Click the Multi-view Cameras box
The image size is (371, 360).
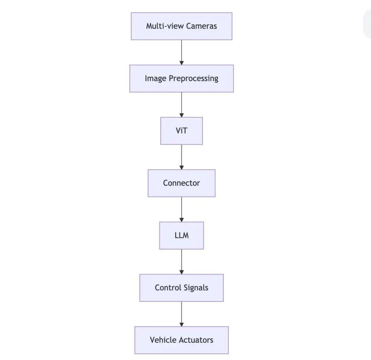click(x=181, y=26)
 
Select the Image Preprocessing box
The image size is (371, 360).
click(x=181, y=79)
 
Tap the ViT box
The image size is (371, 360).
click(x=181, y=131)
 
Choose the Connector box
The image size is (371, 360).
click(x=181, y=183)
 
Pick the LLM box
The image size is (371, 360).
click(x=181, y=236)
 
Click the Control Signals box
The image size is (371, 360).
click(x=181, y=288)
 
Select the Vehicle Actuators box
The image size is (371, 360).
click(x=181, y=340)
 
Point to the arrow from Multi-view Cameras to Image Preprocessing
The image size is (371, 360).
click(x=181, y=52)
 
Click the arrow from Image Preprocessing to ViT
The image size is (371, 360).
click(x=181, y=105)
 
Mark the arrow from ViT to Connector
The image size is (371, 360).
click(x=181, y=157)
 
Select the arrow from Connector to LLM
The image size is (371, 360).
click(x=181, y=209)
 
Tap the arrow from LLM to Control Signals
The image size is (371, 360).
click(x=181, y=262)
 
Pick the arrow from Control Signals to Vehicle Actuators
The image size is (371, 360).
click(x=181, y=314)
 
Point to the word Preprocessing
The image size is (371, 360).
click(x=193, y=79)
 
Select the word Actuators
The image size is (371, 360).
click(x=196, y=340)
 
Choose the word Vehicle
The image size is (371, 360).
click(x=164, y=340)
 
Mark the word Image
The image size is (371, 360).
click(x=156, y=79)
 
